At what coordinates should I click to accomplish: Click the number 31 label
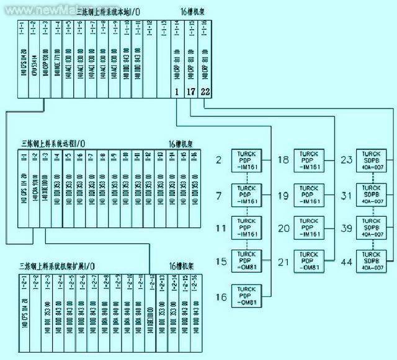pyautogui.click(x=347, y=195)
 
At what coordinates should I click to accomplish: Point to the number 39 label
pyautogui.click(x=347, y=228)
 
